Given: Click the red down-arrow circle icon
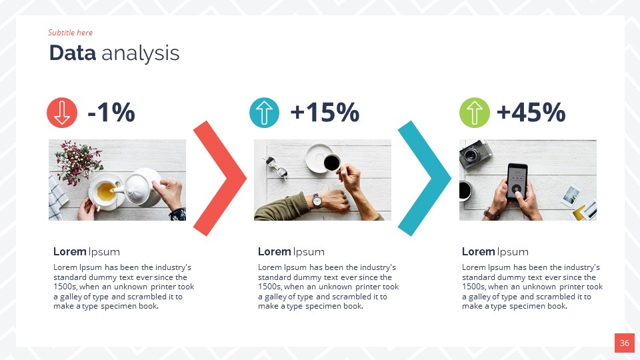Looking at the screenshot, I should point(62,113).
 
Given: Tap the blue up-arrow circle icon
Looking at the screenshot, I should point(264,113).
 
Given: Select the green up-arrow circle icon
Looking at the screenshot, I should point(474,113).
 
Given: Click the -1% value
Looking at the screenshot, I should point(111,113).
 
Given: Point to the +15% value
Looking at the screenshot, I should point(325,113).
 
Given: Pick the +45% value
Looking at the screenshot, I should point(531,113).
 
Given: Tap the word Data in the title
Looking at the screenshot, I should point(73,53).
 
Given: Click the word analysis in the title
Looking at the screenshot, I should point(141,53).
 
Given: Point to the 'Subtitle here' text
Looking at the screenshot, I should point(70,33).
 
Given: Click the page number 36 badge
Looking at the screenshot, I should point(624,343).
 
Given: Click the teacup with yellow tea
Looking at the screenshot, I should point(105,192).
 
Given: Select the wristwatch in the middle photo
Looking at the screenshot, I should point(318,200).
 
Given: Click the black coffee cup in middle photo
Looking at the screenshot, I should point(331,162).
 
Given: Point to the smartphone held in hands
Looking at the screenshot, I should point(516,182).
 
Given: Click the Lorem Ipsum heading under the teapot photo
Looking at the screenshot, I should point(87,251).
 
